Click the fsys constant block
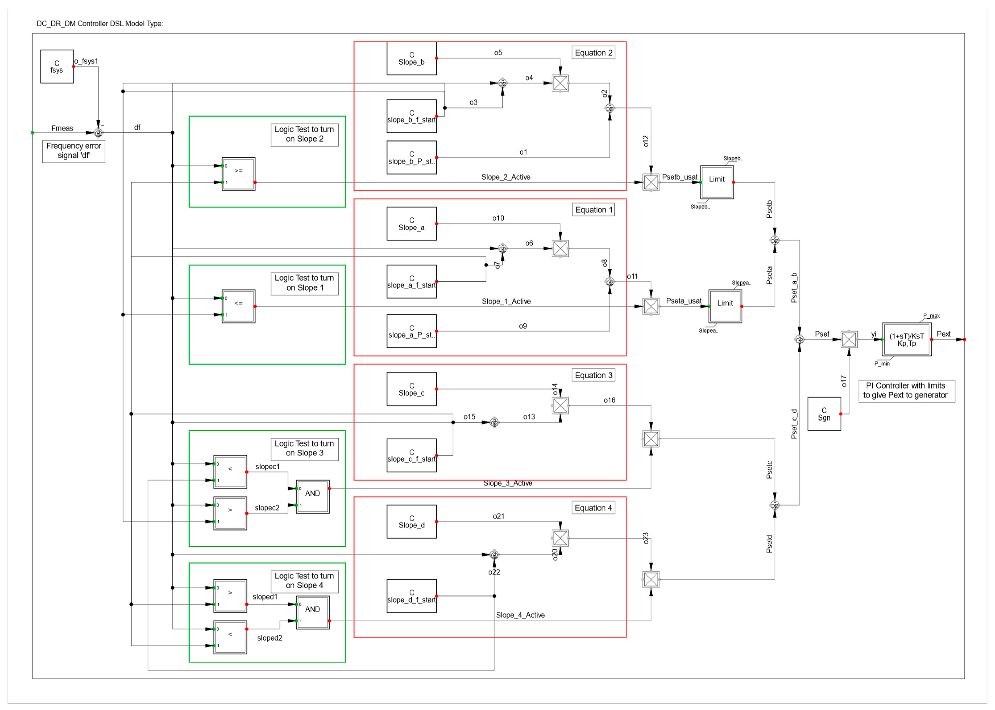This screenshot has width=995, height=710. pos(57,66)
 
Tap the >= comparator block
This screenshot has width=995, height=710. pos(238,174)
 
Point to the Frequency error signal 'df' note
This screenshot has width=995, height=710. pos(73,151)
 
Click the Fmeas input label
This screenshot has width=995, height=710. pos(62,128)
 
